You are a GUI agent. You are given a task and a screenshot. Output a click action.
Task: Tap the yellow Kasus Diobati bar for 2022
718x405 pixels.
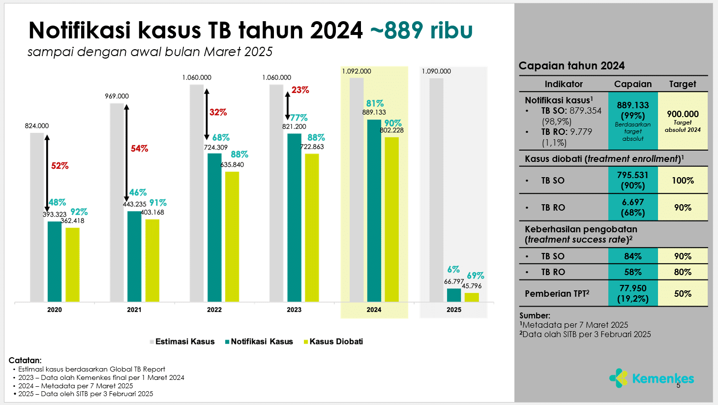coord(232,236)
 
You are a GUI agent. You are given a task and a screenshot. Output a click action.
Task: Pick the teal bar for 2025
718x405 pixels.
coord(454,295)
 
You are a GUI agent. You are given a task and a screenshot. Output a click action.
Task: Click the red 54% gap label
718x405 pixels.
coord(139,149)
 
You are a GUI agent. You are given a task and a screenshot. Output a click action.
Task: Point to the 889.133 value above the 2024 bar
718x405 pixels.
coord(374,112)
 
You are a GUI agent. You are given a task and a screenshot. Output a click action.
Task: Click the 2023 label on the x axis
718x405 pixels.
coord(294,310)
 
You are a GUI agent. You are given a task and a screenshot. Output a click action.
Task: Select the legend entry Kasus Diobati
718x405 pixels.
coord(336,342)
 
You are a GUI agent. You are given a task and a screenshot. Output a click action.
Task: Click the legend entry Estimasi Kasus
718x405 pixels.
coord(184,342)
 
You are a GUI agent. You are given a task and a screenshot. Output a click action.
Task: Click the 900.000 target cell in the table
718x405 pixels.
coord(683,121)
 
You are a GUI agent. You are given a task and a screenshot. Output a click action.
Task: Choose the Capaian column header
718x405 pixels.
coord(632,84)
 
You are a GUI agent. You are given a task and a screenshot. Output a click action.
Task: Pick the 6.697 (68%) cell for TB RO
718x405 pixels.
coord(632,207)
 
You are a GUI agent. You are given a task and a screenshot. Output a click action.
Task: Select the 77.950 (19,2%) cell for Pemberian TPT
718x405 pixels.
coord(632,293)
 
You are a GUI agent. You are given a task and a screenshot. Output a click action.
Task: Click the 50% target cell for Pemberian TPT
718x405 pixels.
coord(683,293)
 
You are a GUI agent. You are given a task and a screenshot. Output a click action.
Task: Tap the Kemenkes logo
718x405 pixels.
coord(651,378)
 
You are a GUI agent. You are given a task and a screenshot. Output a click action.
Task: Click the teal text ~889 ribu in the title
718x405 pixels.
coord(421,30)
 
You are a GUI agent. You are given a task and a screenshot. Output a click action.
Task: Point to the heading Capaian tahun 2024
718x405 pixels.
coord(571,66)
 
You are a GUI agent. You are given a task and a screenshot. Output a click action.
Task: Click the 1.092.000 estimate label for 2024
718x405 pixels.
coord(357,71)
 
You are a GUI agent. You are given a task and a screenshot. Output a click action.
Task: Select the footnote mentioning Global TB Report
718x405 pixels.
coord(91,369)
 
